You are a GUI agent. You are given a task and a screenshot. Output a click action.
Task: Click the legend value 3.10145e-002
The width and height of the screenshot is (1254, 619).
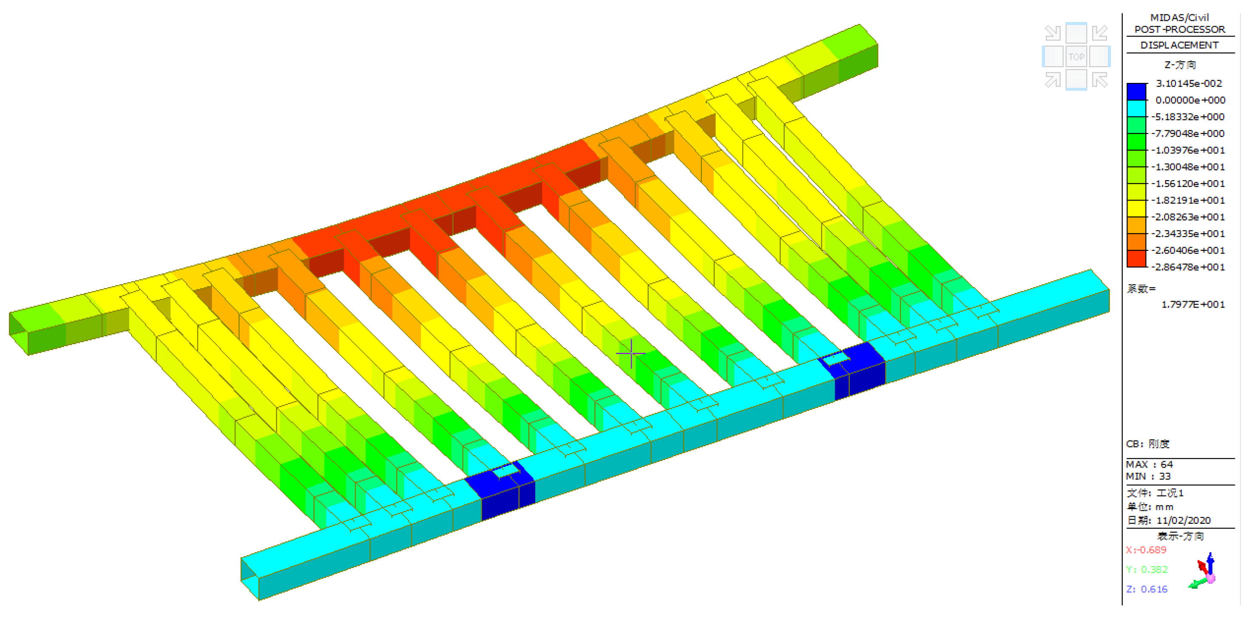1189,83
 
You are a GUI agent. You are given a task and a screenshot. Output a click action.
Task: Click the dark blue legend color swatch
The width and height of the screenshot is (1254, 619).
1136,92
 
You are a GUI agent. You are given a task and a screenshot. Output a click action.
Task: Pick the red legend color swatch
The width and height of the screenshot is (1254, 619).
1136,259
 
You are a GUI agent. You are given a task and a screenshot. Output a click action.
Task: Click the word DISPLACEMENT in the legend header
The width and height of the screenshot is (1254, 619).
1180,45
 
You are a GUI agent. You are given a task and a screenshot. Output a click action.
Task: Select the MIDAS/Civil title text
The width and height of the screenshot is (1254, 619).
1180,17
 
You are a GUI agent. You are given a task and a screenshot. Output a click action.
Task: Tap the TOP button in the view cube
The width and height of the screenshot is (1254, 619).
1076,57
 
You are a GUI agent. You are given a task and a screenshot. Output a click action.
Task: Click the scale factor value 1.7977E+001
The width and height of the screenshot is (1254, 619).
1193,304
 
